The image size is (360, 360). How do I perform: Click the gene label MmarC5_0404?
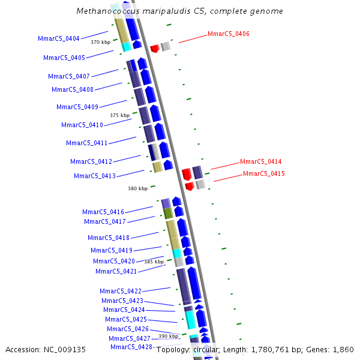coord(59,38)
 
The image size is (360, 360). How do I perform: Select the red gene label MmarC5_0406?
coord(229,34)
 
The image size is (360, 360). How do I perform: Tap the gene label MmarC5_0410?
coord(82,125)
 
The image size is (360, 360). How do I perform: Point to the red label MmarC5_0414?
coord(260,161)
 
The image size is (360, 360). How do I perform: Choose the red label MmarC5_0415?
coord(264,173)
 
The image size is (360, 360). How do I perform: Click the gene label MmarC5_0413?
coord(95,176)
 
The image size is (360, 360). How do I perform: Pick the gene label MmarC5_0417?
coord(105,221)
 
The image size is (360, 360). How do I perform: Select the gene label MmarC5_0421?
coord(116,271)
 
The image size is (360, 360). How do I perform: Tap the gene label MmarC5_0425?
coord(126,319)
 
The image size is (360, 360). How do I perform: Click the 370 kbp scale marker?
coord(100,42)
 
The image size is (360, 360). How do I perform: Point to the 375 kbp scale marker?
coord(119,115)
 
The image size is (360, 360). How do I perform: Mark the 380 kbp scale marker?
coord(137,188)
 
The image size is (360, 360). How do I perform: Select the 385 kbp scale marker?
coord(154,262)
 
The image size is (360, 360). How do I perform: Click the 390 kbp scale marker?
coord(168,336)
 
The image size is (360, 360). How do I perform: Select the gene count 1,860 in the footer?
coord(343,349)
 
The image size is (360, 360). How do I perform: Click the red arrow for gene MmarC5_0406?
coord(154,48)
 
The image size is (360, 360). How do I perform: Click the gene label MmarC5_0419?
coord(112,250)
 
